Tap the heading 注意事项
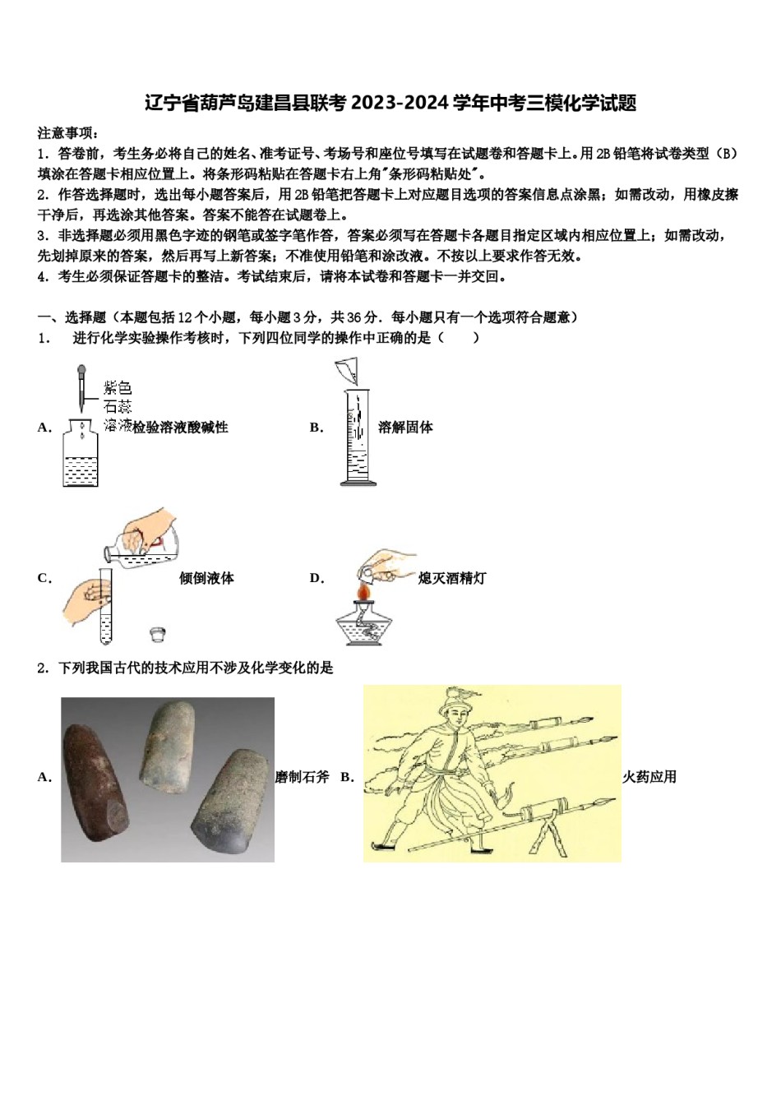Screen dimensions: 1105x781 coord(67,132)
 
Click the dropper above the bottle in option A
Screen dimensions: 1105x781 coord(81,386)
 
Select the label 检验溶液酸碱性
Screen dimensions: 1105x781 coord(180,427)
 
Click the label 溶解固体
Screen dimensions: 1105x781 coord(405,427)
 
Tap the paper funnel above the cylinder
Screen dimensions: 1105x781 coord(347,371)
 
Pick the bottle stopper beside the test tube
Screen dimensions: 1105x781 coord(159,633)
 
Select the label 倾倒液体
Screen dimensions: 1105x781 coord(206,578)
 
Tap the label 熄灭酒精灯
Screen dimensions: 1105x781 coord(451,578)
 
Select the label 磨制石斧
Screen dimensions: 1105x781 coord(302,776)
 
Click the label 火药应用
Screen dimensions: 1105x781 coord(649,776)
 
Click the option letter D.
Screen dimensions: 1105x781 coord(317,578)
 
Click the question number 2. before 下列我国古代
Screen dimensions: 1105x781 coord(44,668)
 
